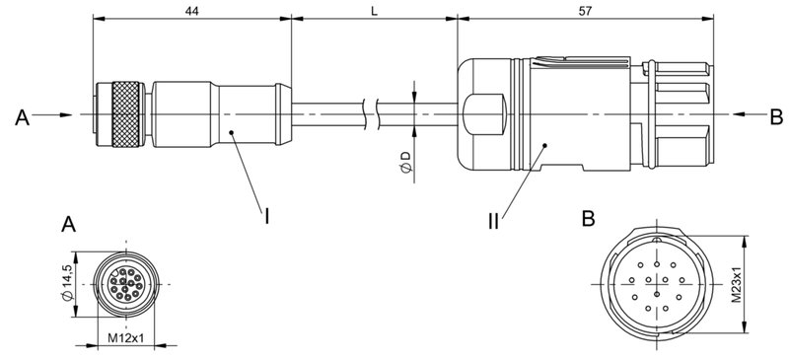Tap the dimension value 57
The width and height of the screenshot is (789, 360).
585,9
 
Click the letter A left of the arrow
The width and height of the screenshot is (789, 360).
22,117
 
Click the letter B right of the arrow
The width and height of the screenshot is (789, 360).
776,117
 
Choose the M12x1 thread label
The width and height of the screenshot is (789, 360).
126,339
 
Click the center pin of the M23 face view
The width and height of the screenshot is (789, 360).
655,281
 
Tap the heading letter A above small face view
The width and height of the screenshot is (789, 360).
68,224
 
